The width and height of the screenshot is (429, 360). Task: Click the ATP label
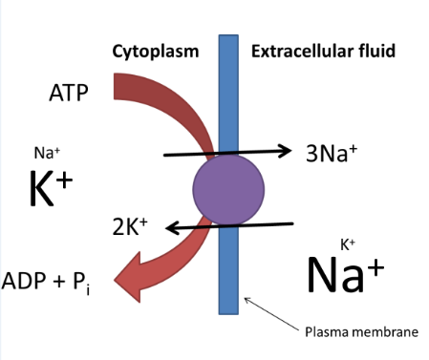pos(70,93)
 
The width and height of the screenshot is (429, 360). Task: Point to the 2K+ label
pos(133,226)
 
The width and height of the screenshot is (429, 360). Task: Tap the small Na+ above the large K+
pos(47,152)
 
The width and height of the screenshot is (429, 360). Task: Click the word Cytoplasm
pos(155,51)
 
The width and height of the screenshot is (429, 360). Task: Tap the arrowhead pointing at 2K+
pos(169,227)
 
